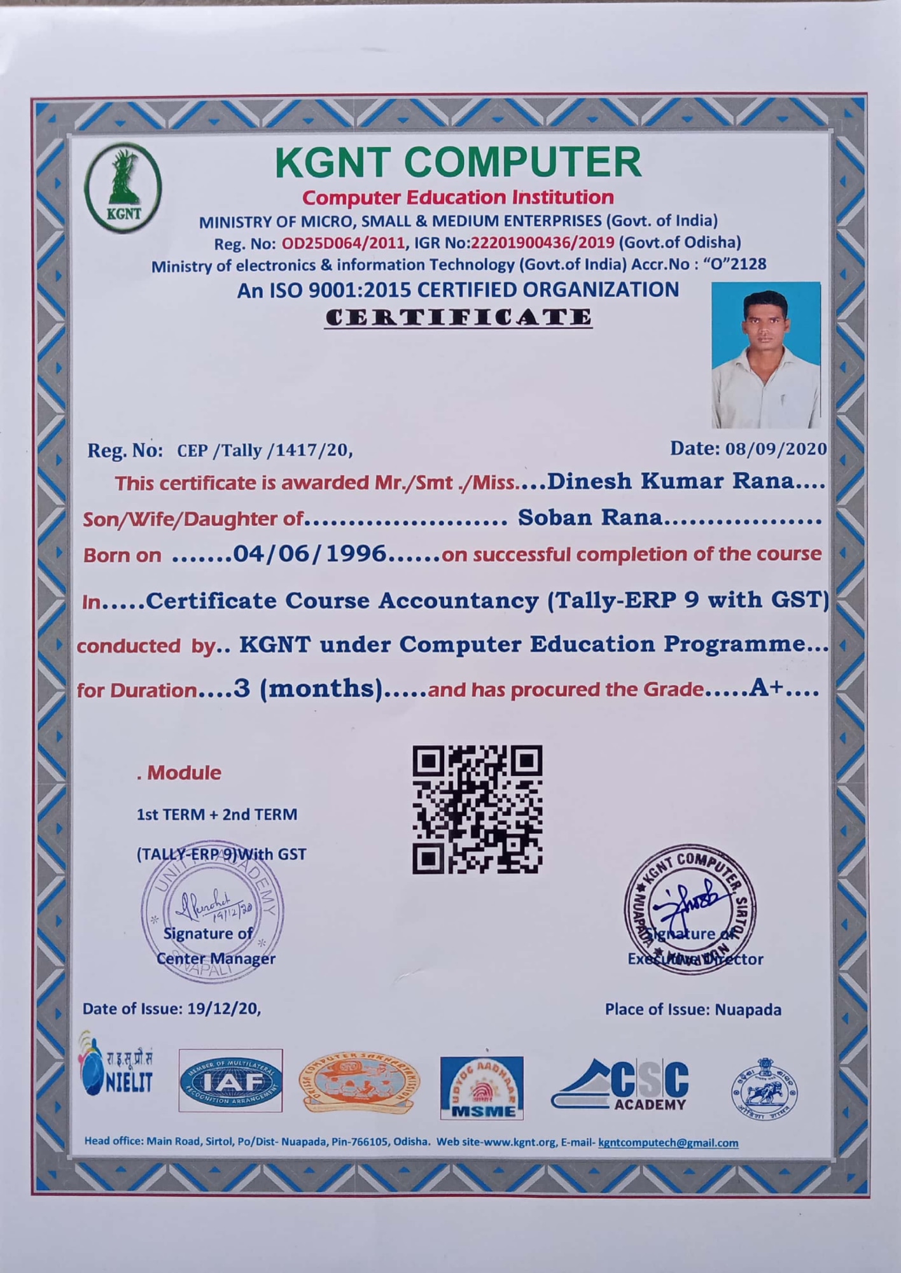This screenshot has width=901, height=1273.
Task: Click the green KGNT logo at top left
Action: click(x=123, y=187)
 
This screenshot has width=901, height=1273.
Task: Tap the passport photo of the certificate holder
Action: click(x=765, y=355)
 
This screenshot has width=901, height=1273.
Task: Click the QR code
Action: click(x=477, y=809)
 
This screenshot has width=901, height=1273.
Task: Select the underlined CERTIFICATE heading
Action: click(x=458, y=317)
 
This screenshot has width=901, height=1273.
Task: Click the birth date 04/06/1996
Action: click(x=310, y=554)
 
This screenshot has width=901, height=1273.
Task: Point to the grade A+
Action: click(x=765, y=688)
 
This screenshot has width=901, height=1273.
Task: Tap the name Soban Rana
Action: click(x=590, y=517)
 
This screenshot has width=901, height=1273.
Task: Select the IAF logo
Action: click(x=230, y=1081)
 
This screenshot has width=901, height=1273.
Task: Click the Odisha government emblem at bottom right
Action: click(x=764, y=1088)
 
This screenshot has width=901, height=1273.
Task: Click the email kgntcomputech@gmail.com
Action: click(x=668, y=1143)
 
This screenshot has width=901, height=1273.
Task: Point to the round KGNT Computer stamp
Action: click(x=690, y=910)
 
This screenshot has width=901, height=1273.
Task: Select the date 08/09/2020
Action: click(x=776, y=449)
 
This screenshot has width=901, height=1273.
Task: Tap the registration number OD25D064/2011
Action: click(x=343, y=243)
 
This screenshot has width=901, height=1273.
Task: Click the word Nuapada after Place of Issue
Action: click(x=748, y=1009)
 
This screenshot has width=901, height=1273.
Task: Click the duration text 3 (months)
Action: click(x=308, y=689)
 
